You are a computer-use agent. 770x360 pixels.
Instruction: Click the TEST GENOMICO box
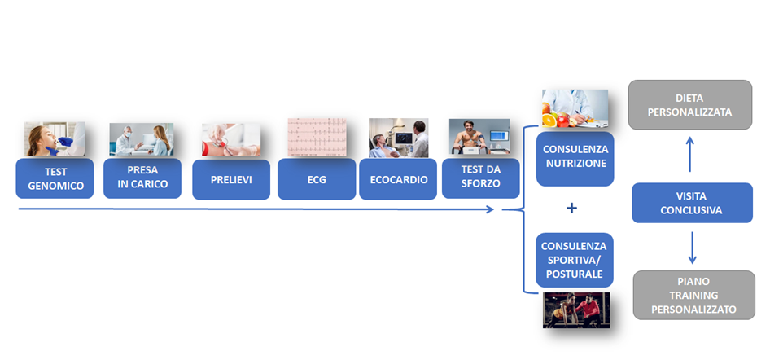click(x=55, y=178)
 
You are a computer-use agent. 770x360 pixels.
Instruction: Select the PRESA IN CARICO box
click(x=142, y=178)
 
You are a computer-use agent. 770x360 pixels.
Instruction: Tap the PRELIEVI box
click(x=231, y=179)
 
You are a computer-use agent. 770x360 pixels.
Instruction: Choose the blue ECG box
click(x=317, y=179)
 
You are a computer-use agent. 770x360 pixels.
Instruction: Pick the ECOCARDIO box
click(x=398, y=179)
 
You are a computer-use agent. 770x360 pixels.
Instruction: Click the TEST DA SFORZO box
click(x=481, y=178)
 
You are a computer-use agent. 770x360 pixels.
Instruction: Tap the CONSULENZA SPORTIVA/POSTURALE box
click(x=575, y=260)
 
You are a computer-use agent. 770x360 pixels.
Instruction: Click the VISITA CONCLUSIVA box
click(x=692, y=203)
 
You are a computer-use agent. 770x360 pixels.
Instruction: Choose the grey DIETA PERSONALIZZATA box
click(x=690, y=104)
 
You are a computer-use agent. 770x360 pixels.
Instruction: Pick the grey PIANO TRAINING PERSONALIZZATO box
click(x=693, y=295)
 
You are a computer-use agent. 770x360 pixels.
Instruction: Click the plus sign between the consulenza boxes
click(x=571, y=209)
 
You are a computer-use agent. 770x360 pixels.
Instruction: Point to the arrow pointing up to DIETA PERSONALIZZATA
click(x=690, y=154)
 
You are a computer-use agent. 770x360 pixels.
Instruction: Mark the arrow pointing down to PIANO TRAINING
click(x=692, y=248)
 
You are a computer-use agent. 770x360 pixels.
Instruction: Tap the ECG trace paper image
click(x=317, y=137)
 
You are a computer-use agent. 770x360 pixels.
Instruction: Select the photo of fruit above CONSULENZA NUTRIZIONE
click(x=575, y=108)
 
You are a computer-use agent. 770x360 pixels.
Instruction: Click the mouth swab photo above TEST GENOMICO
click(x=55, y=139)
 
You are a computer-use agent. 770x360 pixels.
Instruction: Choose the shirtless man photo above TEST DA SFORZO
click(x=479, y=137)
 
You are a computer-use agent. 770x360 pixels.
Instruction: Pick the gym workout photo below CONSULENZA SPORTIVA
click(x=576, y=310)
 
